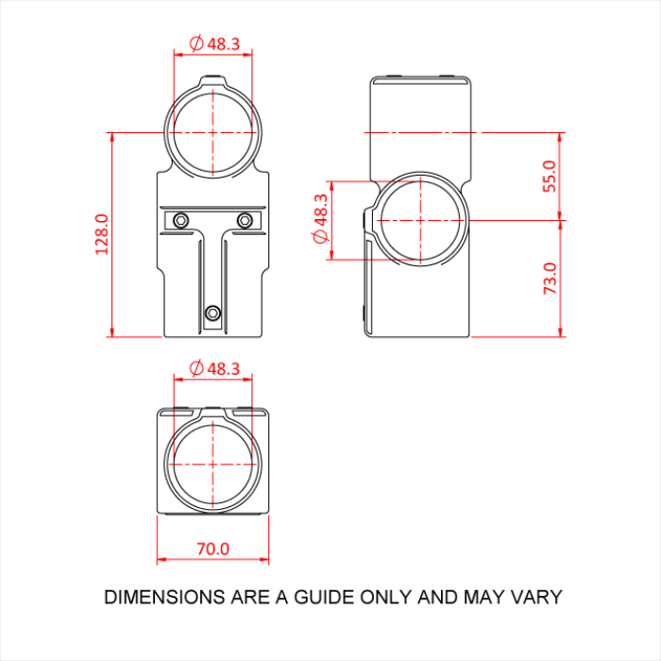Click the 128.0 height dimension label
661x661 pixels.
[x=102, y=233]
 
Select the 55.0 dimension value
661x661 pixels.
[x=550, y=176]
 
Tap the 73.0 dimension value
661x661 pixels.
[x=550, y=280]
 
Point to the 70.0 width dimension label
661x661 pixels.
[x=212, y=548]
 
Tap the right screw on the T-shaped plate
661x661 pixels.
[x=246, y=220]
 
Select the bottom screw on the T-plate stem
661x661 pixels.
[x=213, y=313]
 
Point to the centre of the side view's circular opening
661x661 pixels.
[x=421, y=219]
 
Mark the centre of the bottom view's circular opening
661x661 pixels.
[x=213, y=465]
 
